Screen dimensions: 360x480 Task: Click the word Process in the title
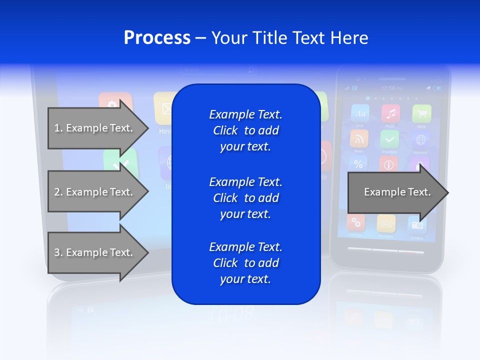click(x=157, y=38)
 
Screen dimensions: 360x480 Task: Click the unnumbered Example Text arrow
click(x=397, y=192)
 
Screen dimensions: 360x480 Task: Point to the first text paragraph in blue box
click(x=245, y=130)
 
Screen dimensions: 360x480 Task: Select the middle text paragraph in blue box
click(x=245, y=198)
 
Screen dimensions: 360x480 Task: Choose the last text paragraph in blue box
click(x=245, y=263)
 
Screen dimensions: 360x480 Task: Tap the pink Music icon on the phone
click(x=390, y=113)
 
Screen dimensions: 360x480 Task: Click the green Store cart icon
click(x=421, y=113)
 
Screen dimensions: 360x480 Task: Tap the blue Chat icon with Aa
click(x=360, y=113)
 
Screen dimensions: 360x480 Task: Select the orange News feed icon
click(x=359, y=138)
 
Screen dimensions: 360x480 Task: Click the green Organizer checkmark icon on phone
click(x=389, y=139)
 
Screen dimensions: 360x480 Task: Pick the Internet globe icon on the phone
click(x=420, y=139)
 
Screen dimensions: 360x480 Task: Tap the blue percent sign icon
click(x=358, y=163)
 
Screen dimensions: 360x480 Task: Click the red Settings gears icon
click(x=356, y=222)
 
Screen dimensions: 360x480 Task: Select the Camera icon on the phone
click(x=416, y=224)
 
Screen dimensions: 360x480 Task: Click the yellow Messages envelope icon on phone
click(x=386, y=223)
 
